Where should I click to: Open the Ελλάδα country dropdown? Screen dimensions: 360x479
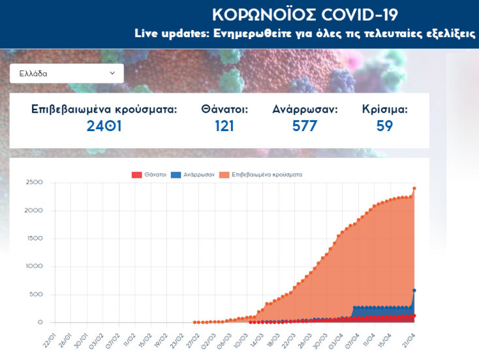[67, 74]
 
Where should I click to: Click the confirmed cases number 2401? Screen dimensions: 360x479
[104, 126]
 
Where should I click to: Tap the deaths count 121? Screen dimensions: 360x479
[224, 126]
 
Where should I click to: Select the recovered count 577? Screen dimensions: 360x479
[305, 126]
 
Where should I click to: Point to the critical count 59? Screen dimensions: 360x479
[385, 126]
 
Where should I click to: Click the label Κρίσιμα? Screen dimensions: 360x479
[385, 110]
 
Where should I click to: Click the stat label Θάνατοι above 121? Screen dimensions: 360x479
[224, 110]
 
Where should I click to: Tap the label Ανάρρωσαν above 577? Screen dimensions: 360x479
[305, 110]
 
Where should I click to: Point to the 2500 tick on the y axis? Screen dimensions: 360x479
[34, 183]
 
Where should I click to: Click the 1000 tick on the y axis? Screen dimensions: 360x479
[34, 266]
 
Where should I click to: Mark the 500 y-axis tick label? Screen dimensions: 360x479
[36, 294]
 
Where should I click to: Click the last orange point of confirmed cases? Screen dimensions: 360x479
[414, 188]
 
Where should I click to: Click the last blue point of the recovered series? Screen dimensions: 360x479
[414, 290]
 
